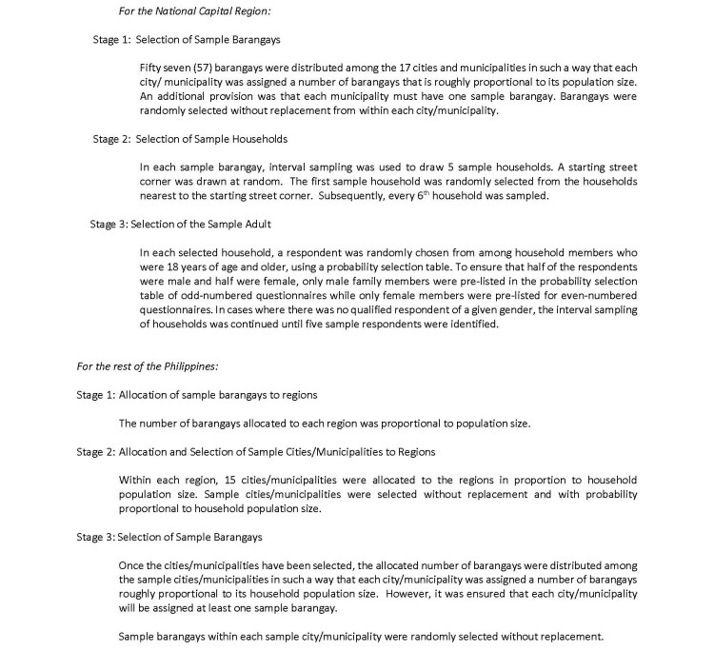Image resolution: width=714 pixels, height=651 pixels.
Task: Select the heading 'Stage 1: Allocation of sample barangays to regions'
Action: click(197, 394)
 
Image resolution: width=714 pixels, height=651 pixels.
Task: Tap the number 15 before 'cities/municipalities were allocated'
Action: click(228, 479)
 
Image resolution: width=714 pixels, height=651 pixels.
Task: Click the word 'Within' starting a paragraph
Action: click(135, 479)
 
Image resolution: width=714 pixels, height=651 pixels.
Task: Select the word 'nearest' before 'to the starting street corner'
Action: click(157, 195)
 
